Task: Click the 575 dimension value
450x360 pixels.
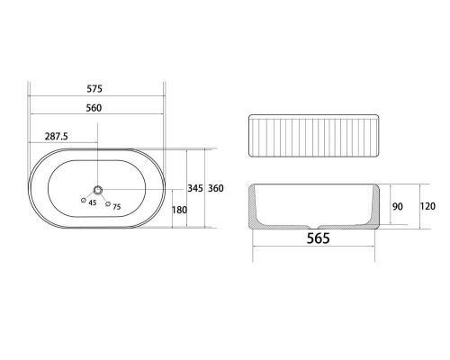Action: (x=94, y=89)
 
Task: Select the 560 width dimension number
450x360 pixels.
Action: (x=94, y=108)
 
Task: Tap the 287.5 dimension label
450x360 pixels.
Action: (x=57, y=137)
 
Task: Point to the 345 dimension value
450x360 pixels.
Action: (x=195, y=188)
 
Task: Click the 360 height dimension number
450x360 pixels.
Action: (x=216, y=188)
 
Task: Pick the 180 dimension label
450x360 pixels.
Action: (x=179, y=210)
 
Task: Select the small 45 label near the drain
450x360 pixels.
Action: (x=93, y=203)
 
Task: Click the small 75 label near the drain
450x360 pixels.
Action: (x=117, y=207)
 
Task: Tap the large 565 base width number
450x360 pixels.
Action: (x=319, y=238)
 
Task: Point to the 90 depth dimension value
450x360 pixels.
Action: (x=398, y=206)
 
